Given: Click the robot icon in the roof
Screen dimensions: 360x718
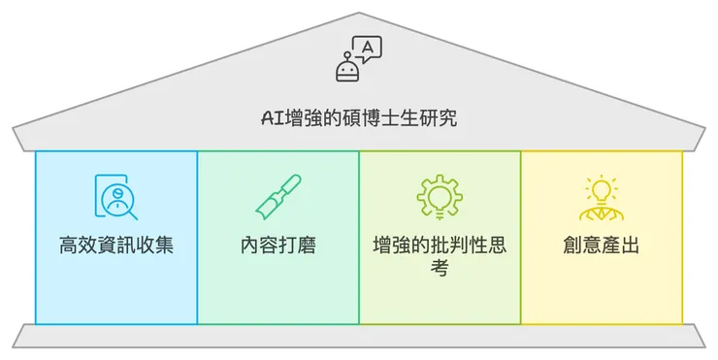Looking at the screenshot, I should pyautogui.click(x=348, y=68).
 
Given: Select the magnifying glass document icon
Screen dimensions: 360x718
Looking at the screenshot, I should pyautogui.click(x=116, y=197).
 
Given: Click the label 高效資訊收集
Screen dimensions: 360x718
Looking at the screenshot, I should pyautogui.click(x=116, y=245).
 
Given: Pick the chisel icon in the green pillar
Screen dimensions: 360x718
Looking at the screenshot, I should pyautogui.click(x=277, y=197).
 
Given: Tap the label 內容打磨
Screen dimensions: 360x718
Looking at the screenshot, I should pyautogui.click(x=277, y=245).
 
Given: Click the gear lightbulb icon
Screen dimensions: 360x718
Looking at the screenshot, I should pyautogui.click(x=439, y=197).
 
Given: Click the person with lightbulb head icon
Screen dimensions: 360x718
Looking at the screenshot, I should pyautogui.click(x=601, y=197).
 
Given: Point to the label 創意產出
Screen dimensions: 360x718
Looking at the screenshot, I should pyautogui.click(x=601, y=245).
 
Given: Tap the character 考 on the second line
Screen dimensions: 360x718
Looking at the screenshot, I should pyautogui.click(x=439, y=267).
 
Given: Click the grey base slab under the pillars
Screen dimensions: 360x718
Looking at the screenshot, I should pyautogui.click(x=359, y=336).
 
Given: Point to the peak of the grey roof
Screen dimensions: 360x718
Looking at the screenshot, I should pyautogui.click(x=359, y=15).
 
